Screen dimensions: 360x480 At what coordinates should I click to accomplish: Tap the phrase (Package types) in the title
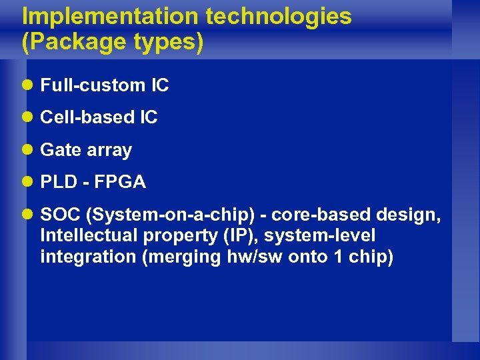[113, 42]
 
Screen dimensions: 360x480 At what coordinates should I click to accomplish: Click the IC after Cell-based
[149, 118]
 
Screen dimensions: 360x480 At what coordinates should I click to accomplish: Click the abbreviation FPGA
[120, 183]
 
